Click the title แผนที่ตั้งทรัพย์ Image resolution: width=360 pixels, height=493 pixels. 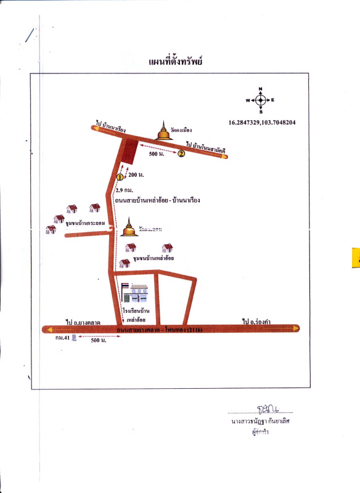[x=176, y=62]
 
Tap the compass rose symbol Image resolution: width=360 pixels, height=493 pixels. [x=260, y=99]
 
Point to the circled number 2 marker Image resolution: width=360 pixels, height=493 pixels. [x=181, y=154]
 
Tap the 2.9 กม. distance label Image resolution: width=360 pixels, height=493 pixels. [x=125, y=190]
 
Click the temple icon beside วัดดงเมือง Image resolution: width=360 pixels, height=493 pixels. [x=163, y=131]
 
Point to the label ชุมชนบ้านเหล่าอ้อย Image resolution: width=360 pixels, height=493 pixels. [x=153, y=259]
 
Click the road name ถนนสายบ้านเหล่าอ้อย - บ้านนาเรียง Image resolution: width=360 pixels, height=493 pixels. [x=158, y=200]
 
